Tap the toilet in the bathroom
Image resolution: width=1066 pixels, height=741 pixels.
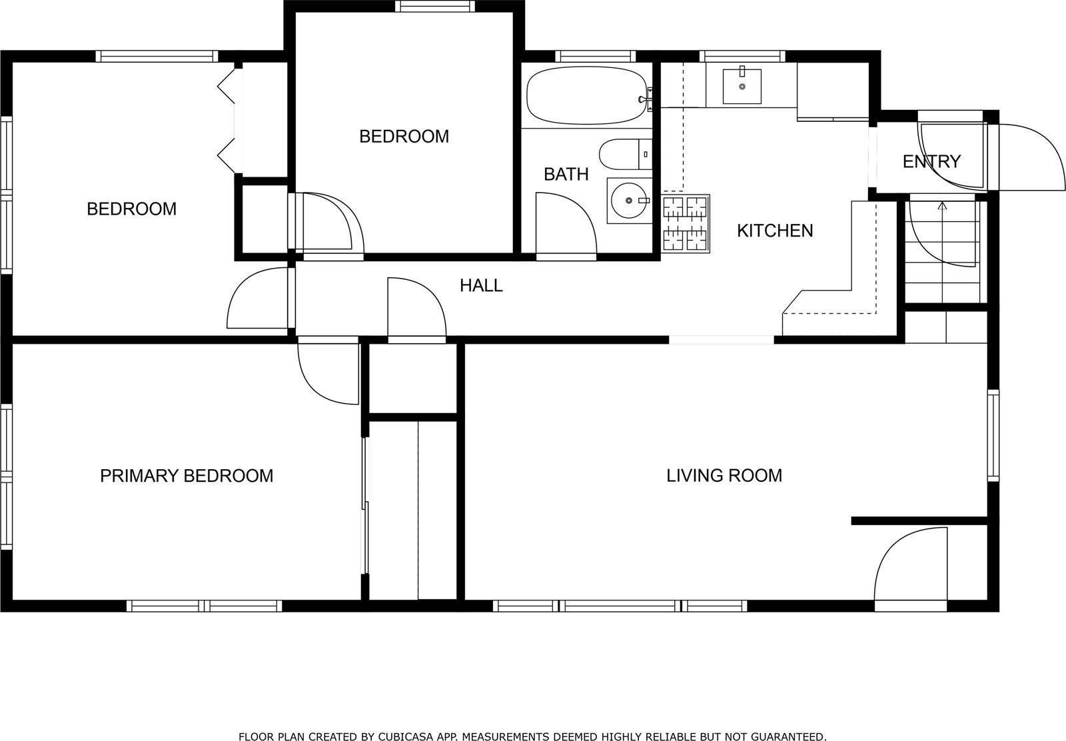(623, 154)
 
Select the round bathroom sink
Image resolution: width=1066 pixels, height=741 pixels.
(628, 200)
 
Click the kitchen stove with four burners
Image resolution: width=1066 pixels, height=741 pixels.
(686, 223)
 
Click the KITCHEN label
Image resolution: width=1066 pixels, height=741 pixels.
(774, 231)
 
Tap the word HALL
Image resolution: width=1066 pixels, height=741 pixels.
(481, 286)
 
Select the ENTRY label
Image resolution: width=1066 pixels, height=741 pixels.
(931, 162)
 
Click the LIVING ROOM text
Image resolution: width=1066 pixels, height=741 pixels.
(724, 476)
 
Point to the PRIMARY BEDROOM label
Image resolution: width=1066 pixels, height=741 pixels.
(187, 476)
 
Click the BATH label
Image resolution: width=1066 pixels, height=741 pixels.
(566, 175)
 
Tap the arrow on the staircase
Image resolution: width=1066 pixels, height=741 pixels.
(942, 207)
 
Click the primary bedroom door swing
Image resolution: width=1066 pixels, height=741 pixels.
(326, 373)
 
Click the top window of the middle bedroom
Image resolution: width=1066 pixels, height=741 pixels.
(435, 6)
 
